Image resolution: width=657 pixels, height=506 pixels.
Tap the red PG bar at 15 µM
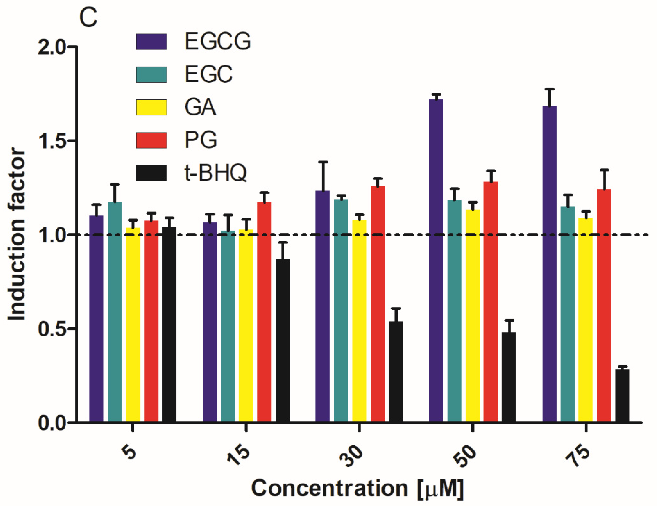(x=264, y=313)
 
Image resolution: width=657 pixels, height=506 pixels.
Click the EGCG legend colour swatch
(x=152, y=41)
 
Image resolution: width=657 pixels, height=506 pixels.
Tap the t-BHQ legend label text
(x=215, y=173)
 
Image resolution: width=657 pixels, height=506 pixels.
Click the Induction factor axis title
(x=17, y=234)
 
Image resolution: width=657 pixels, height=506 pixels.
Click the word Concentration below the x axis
(x=329, y=488)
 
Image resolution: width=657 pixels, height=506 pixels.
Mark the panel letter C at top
(x=88, y=18)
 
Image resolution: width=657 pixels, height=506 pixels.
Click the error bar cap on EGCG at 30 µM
(x=323, y=162)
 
